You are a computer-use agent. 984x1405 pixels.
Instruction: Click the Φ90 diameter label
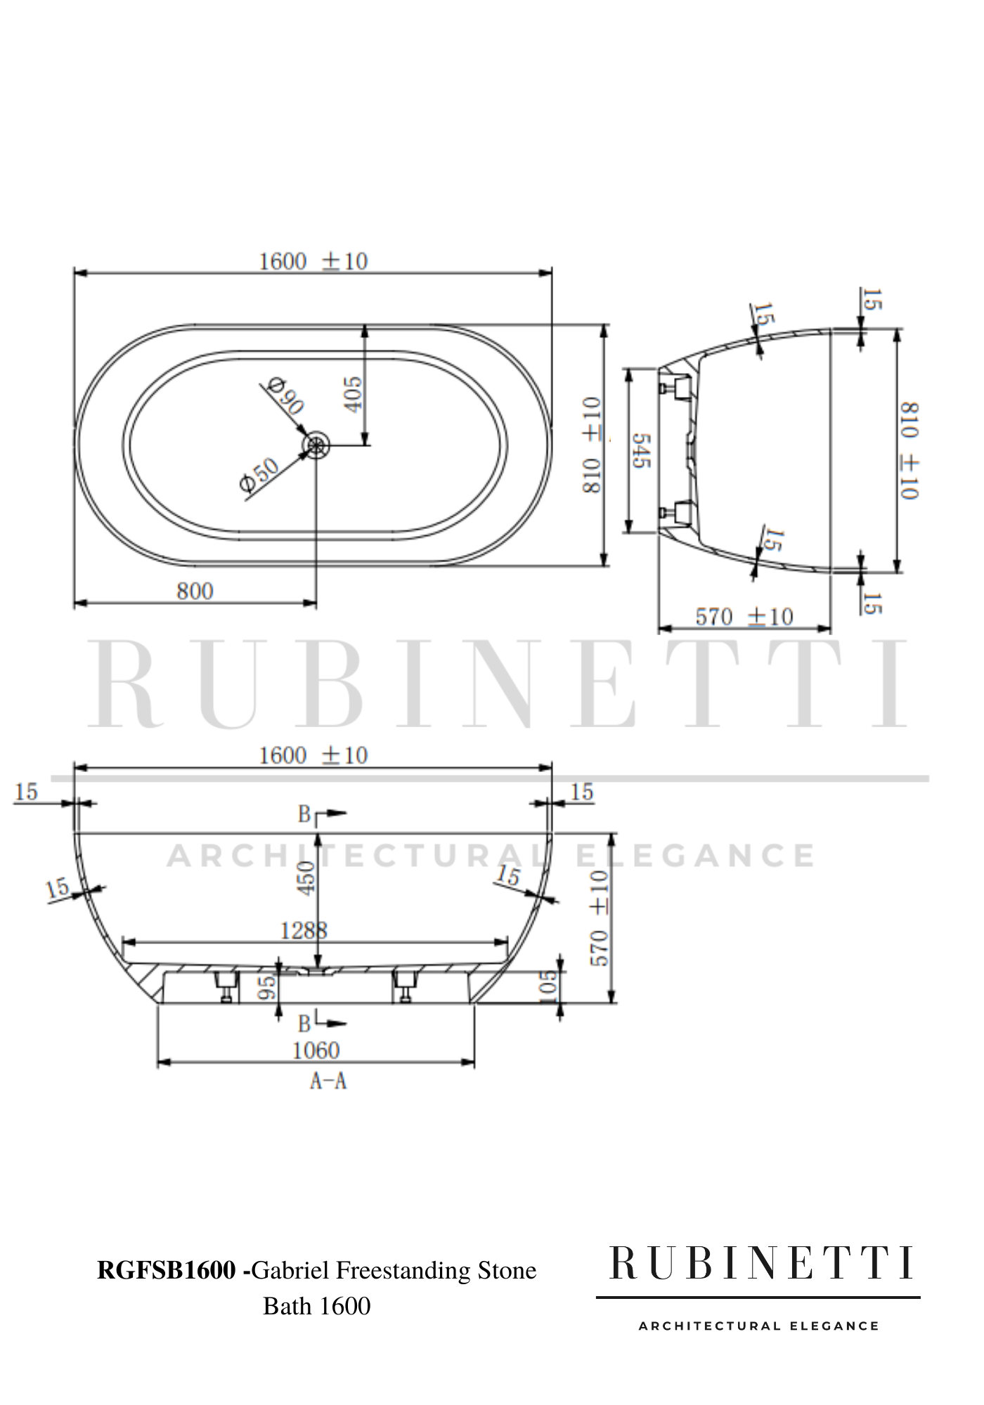coord(285,396)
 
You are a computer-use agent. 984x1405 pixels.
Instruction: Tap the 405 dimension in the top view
coord(354,394)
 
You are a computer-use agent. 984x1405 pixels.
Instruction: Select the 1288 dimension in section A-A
coord(304,931)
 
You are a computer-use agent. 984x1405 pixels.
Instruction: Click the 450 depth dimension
coord(307,879)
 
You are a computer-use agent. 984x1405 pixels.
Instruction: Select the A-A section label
coord(328,1081)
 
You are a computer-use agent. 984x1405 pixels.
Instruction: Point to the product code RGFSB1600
coord(166,1270)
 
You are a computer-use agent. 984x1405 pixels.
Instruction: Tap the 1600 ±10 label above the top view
coord(313,261)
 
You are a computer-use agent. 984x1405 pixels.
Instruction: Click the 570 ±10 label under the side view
coord(744,617)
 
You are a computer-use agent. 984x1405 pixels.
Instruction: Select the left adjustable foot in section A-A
coord(226,983)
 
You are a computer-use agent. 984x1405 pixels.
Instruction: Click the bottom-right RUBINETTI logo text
coord(762,1264)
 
